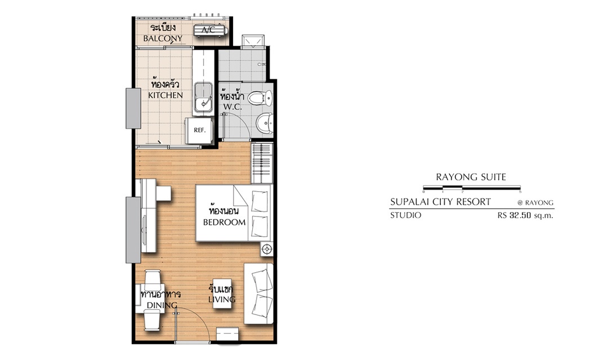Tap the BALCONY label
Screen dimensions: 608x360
point(163,38)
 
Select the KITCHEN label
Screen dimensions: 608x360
point(165,95)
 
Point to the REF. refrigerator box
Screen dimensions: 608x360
point(199,130)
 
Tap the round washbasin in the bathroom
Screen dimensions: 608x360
point(265,123)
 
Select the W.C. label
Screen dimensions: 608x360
point(233,107)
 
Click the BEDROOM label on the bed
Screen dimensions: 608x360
point(224,222)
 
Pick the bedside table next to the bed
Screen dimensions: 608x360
point(267,249)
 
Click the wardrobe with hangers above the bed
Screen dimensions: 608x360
point(262,163)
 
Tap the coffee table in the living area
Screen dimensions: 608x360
point(222,294)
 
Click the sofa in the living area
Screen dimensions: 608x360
point(258,294)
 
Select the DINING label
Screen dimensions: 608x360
point(162,305)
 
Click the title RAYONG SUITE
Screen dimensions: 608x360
point(471,177)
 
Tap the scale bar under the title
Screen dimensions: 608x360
point(472,188)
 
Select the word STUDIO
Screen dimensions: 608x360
point(405,215)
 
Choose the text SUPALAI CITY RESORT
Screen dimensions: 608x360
point(440,202)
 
